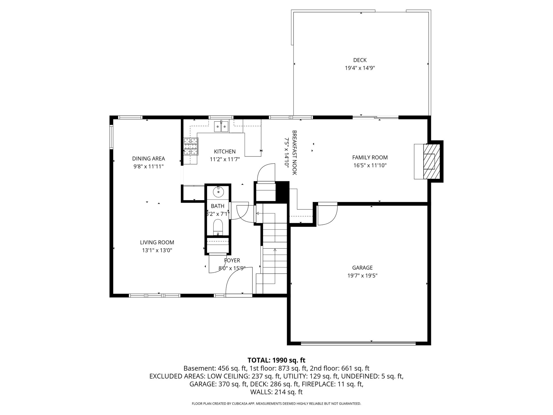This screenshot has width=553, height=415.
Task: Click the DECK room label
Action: (x=360, y=60)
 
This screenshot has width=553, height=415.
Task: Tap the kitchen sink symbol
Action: (x=221, y=126)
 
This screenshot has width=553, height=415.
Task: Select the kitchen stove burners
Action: (x=191, y=146)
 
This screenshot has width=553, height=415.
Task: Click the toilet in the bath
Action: (x=218, y=227)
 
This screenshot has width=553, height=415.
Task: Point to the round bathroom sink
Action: (x=218, y=192)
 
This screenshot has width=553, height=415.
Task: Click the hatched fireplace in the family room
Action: (x=429, y=161)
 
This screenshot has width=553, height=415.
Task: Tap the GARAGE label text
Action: (x=362, y=268)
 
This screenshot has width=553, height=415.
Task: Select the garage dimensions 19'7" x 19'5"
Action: (x=362, y=276)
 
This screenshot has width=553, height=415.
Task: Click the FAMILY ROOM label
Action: (x=370, y=157)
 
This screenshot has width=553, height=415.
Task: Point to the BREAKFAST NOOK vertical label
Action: (x=294, y=153)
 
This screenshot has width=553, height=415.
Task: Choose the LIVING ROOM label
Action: (x=157, y=242)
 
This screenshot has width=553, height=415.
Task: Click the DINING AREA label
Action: (x=149, y=159)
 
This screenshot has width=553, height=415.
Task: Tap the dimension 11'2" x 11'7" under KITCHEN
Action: (x=225, y=159)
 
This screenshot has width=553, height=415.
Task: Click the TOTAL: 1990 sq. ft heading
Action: (x=276, y=360)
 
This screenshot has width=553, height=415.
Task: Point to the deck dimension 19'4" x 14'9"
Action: (x=360, y=68)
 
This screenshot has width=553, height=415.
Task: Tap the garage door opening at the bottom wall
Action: (x=358, y=343)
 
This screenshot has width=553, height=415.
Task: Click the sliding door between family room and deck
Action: (x=376, y=117)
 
